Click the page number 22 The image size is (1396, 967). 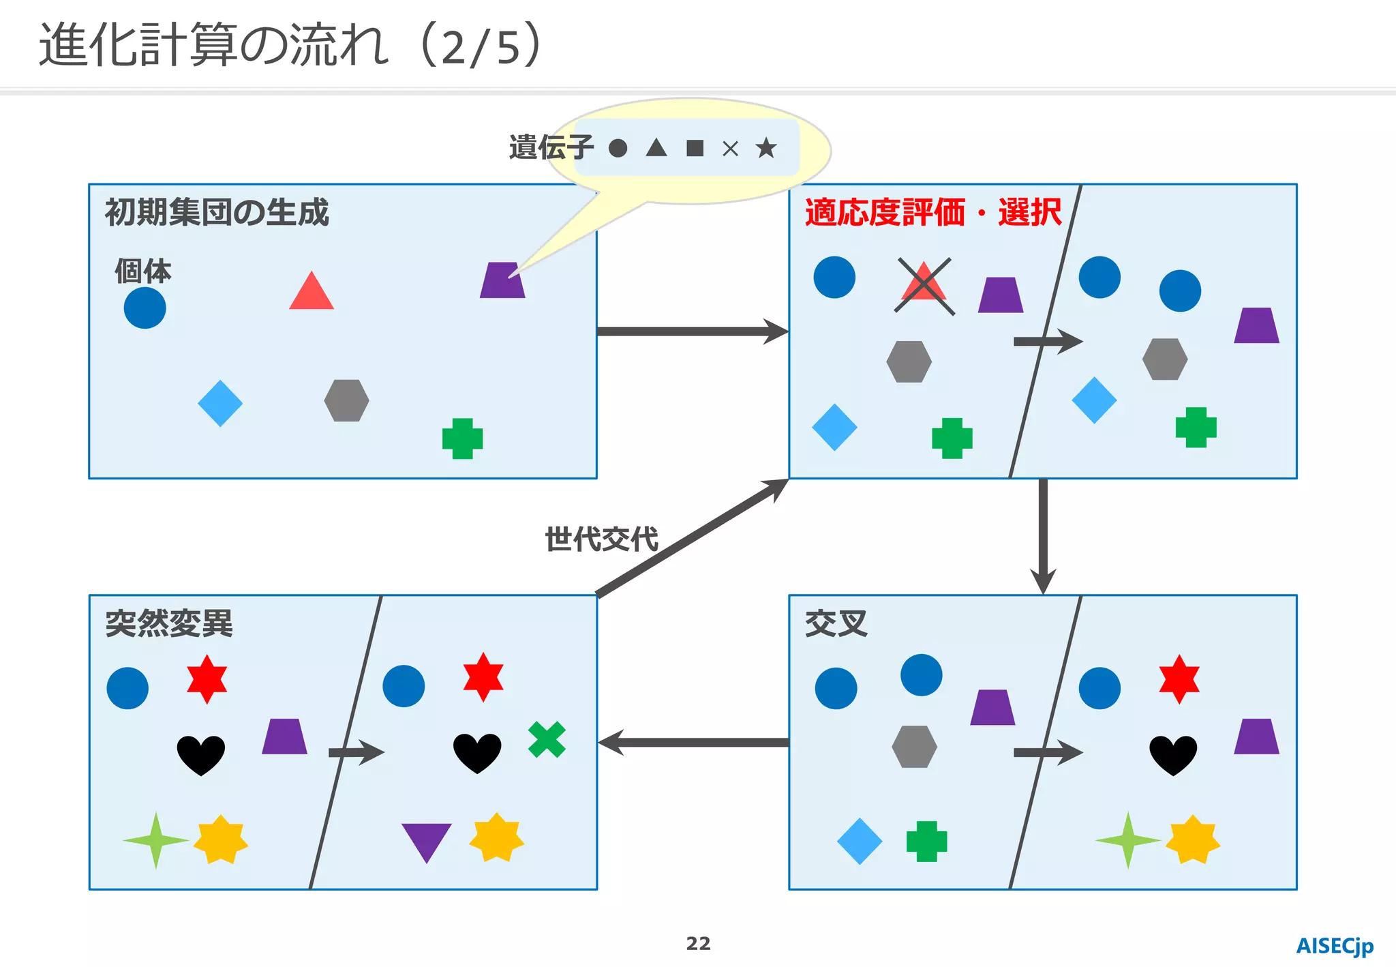coord(698,943)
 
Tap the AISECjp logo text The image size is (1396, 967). coord(1334,946)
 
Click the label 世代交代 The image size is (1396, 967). coord(601,539)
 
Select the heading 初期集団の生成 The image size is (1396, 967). coord(217,212)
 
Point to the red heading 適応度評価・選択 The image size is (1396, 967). coord(932,212)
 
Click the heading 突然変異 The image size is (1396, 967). coord(169,623)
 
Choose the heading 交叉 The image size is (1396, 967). coord(836,623)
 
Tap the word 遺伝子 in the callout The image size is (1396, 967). coord(551,147)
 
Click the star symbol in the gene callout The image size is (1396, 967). coord(766,148)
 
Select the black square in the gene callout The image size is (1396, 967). coord(695,148)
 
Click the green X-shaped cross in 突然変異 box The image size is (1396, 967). coord(547,739)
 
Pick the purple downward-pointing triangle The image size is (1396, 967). coord(427,840)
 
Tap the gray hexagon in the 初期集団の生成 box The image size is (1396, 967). coord(346,400)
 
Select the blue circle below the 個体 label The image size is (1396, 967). coord(145,308)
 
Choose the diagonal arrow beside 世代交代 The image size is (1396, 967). coord(692,538)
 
